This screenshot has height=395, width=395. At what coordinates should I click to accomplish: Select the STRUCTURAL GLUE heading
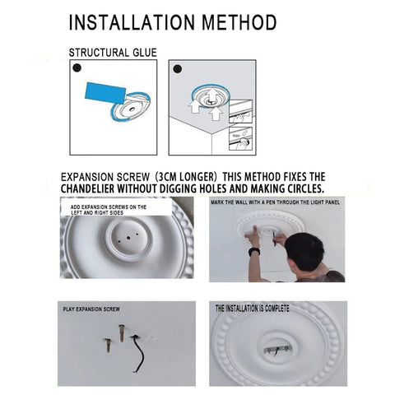tap(112, 53)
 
